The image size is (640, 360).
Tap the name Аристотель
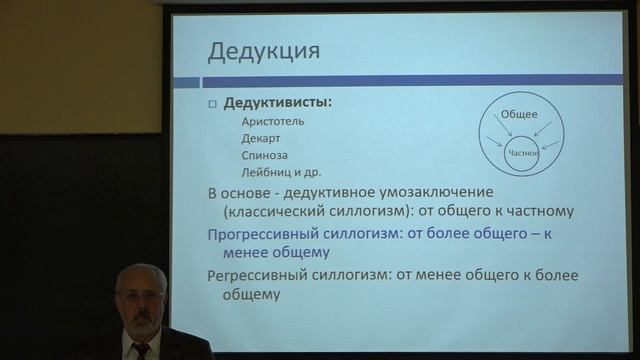(x=272, y=122)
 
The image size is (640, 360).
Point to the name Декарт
(x=261, y=139)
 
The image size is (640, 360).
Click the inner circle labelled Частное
(x=523, y=152)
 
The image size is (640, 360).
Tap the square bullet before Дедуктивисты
(x=211, y=104)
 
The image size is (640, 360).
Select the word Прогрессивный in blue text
(x=263, y=233)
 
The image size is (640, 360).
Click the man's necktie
(x=141, y=349)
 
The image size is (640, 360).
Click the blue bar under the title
(x=400, y=79)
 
